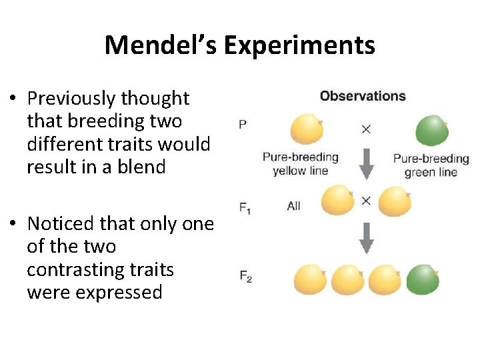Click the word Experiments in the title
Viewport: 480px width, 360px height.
click(299, 46)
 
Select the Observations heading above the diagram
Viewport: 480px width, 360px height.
click(363, 96)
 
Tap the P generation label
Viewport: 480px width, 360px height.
click(243, 125)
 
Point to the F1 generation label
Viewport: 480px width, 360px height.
click(245, 207)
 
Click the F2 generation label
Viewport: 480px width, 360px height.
click(245, 276)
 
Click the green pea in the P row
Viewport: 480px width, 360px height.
click(432, 131)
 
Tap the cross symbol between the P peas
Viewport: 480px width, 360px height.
click(366, 129)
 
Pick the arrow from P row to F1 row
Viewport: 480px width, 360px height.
click(366, 163)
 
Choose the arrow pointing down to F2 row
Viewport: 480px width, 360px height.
click(366, 238)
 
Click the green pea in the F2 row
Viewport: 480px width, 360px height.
click(423, 279)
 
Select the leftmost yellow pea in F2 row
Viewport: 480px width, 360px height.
click(310, 279)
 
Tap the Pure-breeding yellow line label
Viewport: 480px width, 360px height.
click(300, 164)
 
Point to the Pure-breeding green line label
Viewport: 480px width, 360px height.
click(431, 165)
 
